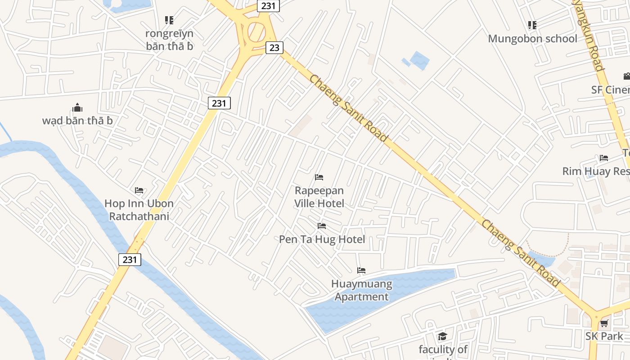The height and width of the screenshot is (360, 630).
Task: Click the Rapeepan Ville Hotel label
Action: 319,197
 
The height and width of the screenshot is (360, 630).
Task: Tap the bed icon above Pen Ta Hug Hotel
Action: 321,226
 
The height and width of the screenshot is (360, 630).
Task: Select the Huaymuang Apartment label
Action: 361,290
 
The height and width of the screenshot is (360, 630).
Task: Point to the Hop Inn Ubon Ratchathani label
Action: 139,210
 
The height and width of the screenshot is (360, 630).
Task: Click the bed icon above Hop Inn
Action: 139,190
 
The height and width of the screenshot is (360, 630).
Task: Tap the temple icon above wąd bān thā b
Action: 77,108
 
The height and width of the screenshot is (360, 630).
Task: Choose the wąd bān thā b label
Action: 77,121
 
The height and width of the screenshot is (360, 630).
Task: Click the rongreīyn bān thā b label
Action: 169,40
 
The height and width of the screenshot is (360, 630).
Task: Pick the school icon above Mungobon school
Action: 532,25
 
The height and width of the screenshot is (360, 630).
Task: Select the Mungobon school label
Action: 532,39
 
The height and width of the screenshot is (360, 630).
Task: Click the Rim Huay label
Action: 595,171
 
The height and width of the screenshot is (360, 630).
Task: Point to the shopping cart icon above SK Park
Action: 604,324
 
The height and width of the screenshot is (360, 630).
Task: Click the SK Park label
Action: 604,336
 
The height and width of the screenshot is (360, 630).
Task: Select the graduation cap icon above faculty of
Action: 442,336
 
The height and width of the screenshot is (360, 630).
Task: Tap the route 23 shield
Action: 274,48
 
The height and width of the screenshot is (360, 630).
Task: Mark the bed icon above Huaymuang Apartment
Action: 361,270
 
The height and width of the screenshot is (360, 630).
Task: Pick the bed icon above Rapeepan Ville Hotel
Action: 319,177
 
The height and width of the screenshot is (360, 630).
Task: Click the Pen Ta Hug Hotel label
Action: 322,239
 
